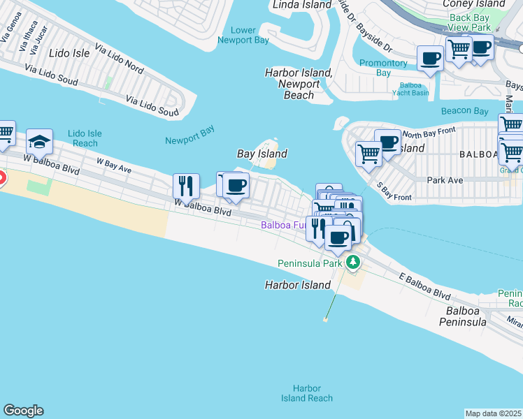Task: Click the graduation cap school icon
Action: (x=40, y=142)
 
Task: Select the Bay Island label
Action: (x=262, y=154)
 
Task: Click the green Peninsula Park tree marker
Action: (x=354, y=263)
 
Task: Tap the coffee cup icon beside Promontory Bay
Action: (x=430, y=59)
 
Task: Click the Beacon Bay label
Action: (x=465, y=111)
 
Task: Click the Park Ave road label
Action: (x=445, y=179)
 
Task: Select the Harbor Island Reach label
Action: (x=307, y=393)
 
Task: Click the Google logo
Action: (x=23, y=411)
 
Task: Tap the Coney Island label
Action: (x=473, y=3)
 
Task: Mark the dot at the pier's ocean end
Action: (x=325, y=319)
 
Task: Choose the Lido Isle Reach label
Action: (x=85, y=138)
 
